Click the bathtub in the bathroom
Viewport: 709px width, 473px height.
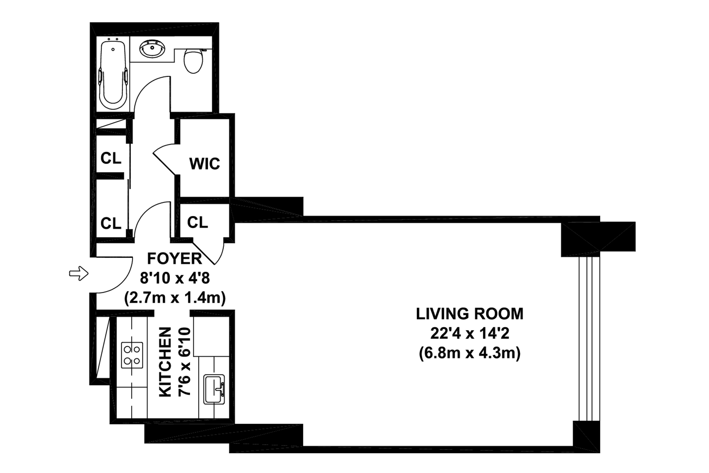pos(113,75)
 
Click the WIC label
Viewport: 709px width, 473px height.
pos(204,164)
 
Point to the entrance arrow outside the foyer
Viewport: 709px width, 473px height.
pos(79,273)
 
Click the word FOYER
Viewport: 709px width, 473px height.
pos(174,259)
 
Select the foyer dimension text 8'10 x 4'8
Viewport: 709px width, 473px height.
pos(175,278)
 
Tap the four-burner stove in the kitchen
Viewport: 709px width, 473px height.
pos(132,355)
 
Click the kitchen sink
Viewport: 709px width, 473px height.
pos(214,389)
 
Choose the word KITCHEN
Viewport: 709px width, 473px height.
pos(165,362)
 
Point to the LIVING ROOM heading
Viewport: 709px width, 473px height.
pos(470,314)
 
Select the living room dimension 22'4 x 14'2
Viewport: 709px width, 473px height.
pos(470,333)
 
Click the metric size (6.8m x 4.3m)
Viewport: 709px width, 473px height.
pos(470,353)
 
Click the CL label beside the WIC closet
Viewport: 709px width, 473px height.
pos(111,158)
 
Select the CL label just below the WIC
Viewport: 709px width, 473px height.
pos(197,223)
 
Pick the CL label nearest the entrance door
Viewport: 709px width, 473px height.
pos(111,223)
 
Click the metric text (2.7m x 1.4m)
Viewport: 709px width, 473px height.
pos(175,298)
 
